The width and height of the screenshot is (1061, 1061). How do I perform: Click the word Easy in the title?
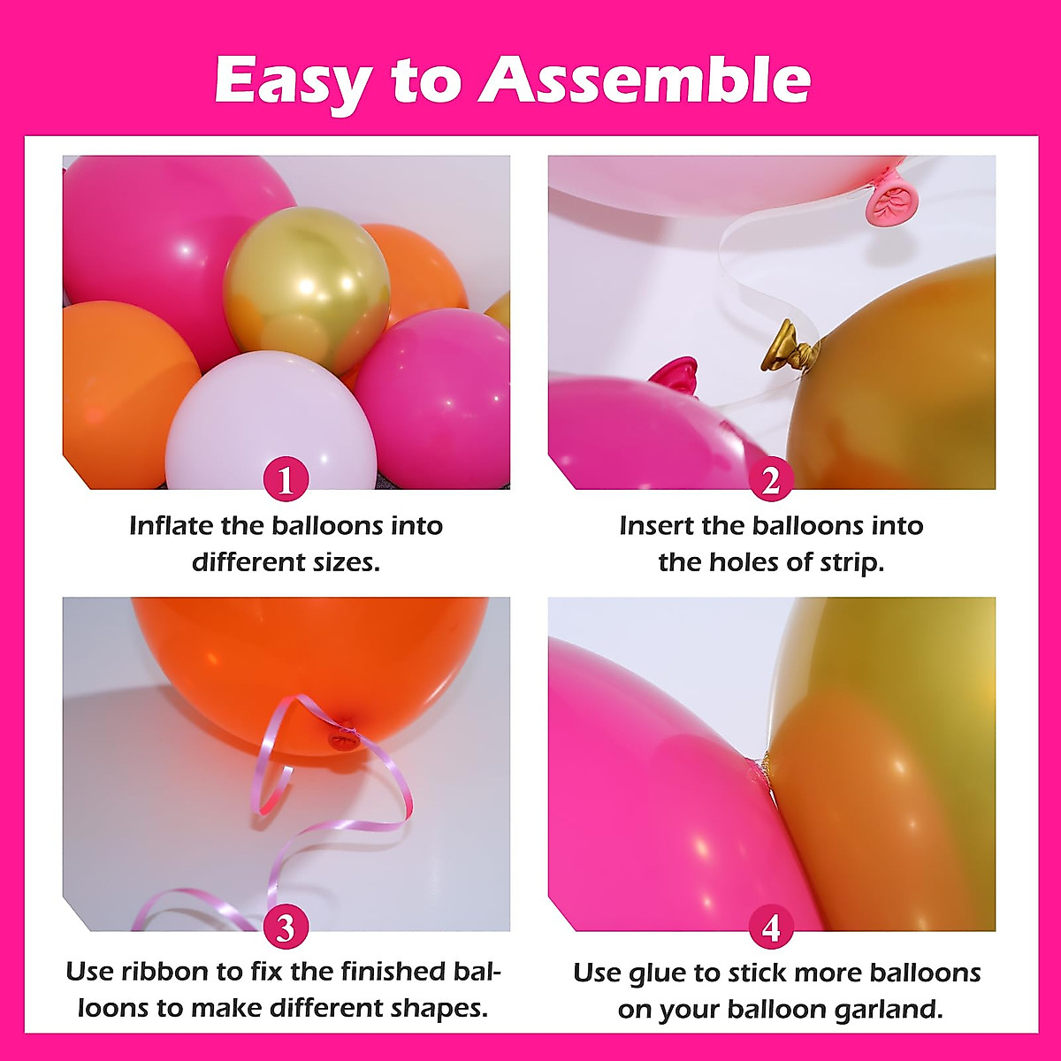coord(292,81)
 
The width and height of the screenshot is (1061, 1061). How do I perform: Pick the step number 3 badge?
coord(286,928)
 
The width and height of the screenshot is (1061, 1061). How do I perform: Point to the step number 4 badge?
coord(771,928)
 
